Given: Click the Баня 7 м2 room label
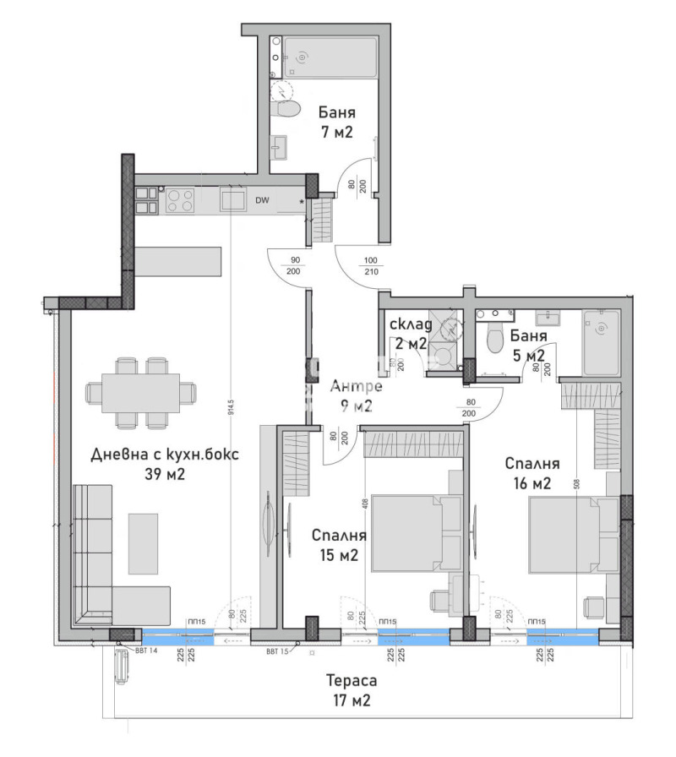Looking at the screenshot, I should coord(335,122).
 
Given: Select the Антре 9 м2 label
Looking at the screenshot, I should coord(356,396).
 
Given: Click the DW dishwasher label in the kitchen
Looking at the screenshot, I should coord(263,200).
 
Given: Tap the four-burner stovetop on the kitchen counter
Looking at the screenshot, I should coord(181,199).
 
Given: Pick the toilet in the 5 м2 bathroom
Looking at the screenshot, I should coord(495,340).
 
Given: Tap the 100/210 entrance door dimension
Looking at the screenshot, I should coord(371,266).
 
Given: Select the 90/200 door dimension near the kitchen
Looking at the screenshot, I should coord(294,266).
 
